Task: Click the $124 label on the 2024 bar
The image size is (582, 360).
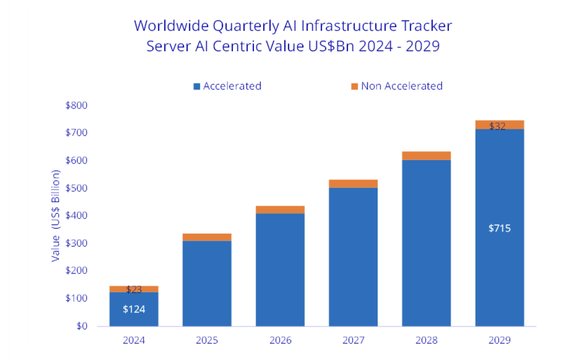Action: click(134, 309)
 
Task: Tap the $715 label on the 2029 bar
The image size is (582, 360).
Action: click(499, 229)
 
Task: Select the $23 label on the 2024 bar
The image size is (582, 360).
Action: click(134, 290)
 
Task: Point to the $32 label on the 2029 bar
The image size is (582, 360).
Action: click(497, 126)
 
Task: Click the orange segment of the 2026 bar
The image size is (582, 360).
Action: click(280, 210)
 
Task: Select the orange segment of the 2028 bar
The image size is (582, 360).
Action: click(426, 156)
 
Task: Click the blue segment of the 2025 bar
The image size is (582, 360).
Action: click(207, 283)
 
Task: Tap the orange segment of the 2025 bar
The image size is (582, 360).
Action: click(207, 237)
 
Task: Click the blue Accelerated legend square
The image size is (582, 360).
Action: click(197, 87)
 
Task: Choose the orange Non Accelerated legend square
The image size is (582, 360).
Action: click(354, 87)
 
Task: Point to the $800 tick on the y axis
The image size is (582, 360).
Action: click(76, 106)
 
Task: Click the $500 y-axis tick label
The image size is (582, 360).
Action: click(76, 188)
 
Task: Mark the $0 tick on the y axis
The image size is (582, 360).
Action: click(82, 326)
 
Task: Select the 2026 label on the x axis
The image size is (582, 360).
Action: click(280, 340)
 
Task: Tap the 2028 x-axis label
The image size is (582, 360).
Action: click(426, 340)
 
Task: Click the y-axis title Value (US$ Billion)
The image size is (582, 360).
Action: click(55, 216)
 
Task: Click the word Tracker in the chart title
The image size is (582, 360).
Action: click(426, 26)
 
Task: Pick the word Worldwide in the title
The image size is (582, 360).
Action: click(171, 26)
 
